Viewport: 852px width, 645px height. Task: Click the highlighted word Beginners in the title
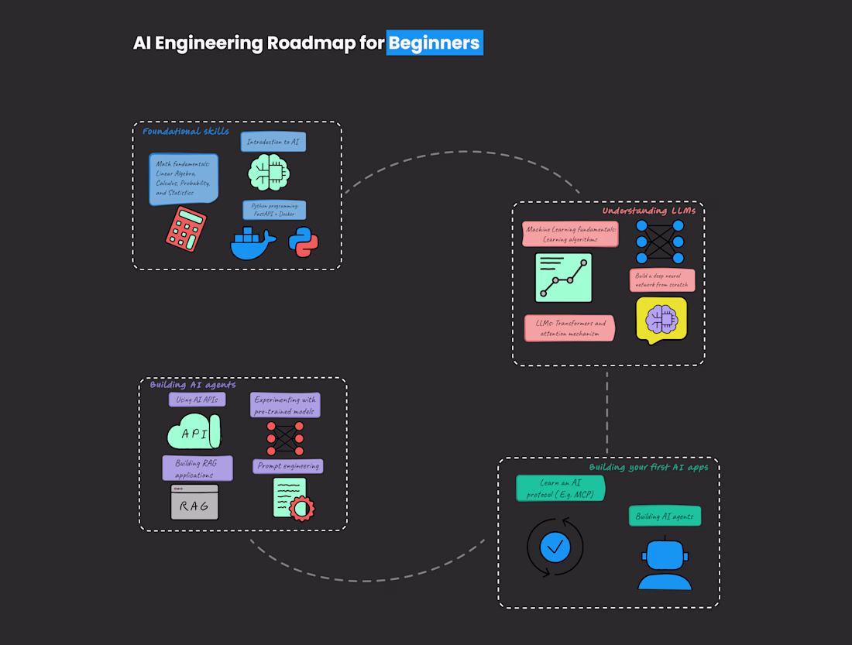435,43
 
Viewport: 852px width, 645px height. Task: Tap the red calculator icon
186,228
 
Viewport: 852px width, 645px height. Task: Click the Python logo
304,242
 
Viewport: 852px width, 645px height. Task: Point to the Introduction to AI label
273,142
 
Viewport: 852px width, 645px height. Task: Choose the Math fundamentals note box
184,179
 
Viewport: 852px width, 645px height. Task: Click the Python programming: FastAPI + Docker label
274,210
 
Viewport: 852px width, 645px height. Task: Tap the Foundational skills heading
186,131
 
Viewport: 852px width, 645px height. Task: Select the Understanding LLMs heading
649,211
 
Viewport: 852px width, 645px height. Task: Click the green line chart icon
563,277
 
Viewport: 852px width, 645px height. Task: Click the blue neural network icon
660,242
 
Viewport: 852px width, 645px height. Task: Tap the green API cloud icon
194,432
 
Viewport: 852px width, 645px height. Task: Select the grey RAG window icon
194,503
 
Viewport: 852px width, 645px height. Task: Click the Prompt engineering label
287,466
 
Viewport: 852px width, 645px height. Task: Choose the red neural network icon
285,438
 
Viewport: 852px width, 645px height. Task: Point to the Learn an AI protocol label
561,489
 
